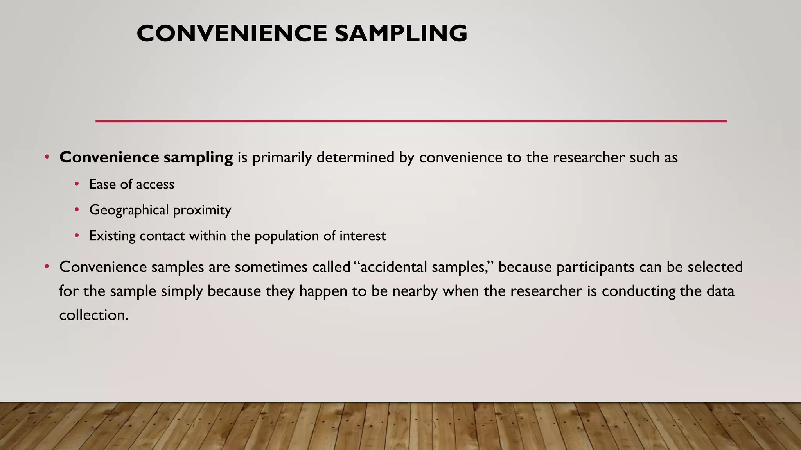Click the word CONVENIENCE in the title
232,34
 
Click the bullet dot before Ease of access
77,184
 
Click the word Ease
102,184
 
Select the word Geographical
129,211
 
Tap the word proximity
202,211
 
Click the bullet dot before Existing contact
77,236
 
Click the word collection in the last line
93,315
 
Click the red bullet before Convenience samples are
47,267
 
